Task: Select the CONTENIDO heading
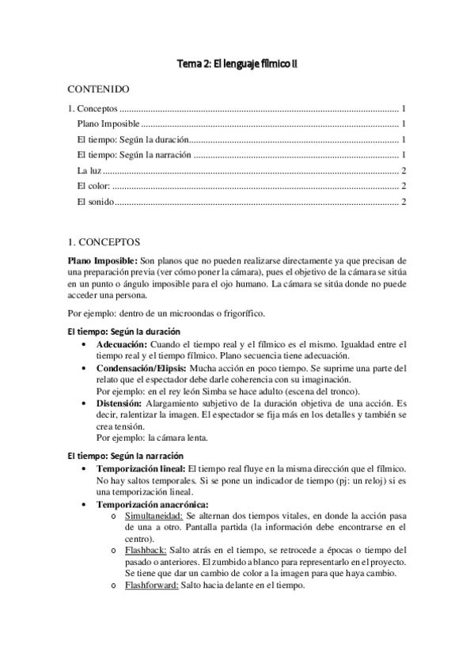pyautogui.click(x=99, y=90)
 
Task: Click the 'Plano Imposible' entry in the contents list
pyautogui.click(x=108, y=124)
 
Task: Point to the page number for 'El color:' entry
pyautogui.click(x=404, y=186)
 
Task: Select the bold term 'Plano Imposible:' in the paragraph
pyautogui.click(x=102, y=260)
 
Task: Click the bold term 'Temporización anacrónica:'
pyautogui.click(x=152, y=504)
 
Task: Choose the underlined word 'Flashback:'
pyautogui.click(x=145, y=550)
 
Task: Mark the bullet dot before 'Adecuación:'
pyautogui.click(x=85, y=346)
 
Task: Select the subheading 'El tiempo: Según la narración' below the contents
pyautogui.click(x=125, y=456)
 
